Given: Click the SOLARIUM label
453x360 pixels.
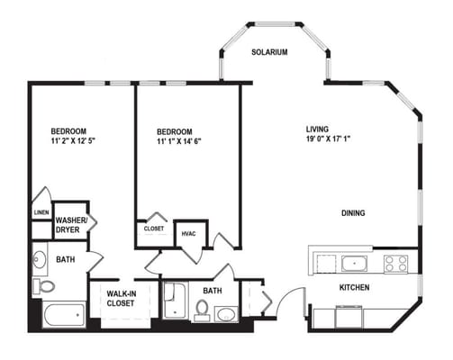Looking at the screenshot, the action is click(x=269, y=52).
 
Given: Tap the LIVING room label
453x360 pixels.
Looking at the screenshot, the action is click(x=317, y=130).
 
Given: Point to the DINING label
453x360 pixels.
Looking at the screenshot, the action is click(x=353, y=213).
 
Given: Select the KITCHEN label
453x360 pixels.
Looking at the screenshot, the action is click(x=354, y=287).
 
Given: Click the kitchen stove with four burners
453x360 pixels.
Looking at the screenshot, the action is click(x=396, y=264).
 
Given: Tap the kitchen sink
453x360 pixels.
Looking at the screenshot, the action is click(x=354, y=264).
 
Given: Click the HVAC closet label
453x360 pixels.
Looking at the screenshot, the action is click(x=189, y=233).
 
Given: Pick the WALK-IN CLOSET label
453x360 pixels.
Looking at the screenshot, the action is click(x=121, y=298).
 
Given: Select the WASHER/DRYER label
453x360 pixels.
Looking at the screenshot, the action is click(x=71, y=225).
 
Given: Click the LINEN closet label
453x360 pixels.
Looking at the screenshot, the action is click(x=41, y=212).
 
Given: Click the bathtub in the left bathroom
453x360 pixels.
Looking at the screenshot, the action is click(x=64, y=314).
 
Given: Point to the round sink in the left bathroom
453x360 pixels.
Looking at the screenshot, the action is click(x=40, y=259).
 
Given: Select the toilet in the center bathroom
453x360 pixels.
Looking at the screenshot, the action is click(x=202, y=310).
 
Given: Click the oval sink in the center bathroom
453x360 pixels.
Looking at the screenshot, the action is click(x=226, y=314).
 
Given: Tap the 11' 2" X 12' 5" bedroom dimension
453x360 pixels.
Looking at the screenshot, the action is click(x=73, y=140).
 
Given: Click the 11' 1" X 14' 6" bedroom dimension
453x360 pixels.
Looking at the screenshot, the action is click(x=179, y=141).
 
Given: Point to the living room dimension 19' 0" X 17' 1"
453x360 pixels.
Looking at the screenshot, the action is click(x=329, y=139).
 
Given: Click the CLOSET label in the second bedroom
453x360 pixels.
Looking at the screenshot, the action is click(x=154, y=229).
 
